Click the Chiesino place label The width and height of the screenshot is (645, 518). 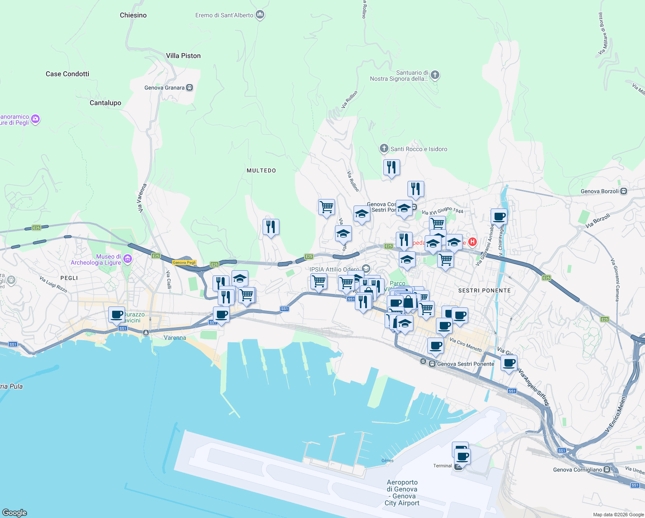(x=133, y=15)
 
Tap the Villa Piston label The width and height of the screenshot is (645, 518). (x=183, y=56)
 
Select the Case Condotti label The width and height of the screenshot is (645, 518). (x=67, y=74)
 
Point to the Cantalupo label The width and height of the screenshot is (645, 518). (x=105, y=103)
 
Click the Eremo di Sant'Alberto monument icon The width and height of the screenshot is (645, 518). (x=260, y=15)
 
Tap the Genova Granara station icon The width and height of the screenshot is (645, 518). (x=189, y=88)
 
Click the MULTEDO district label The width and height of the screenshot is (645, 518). (x=261, y=171)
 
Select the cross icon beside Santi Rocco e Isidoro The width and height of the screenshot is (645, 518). (x=384, y=149)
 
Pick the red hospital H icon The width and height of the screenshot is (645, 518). (x=473, y=242)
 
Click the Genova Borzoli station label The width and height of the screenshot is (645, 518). (x=599, y=191)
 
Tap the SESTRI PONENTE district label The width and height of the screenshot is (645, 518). (x=484, y=291)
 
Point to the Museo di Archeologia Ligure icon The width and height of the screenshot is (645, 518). (x=127, y=259)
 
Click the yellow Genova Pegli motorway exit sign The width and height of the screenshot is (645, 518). (x=184, y=262)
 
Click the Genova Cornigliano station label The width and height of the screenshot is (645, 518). (x=577, y=470)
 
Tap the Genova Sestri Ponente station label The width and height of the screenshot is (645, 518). (x=465, y=364)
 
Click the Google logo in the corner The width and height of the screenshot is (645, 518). (x=15, y=512)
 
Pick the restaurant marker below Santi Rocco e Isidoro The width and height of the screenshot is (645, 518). (x=391, y=167)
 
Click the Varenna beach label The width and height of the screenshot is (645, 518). (x=175, y=338)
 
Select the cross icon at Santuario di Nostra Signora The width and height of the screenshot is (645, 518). (x=435, y=75)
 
